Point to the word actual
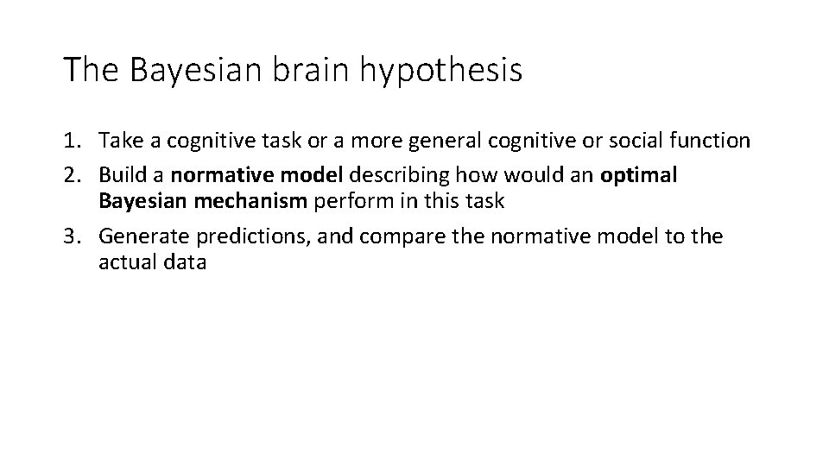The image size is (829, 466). click(x=125, y=262)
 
